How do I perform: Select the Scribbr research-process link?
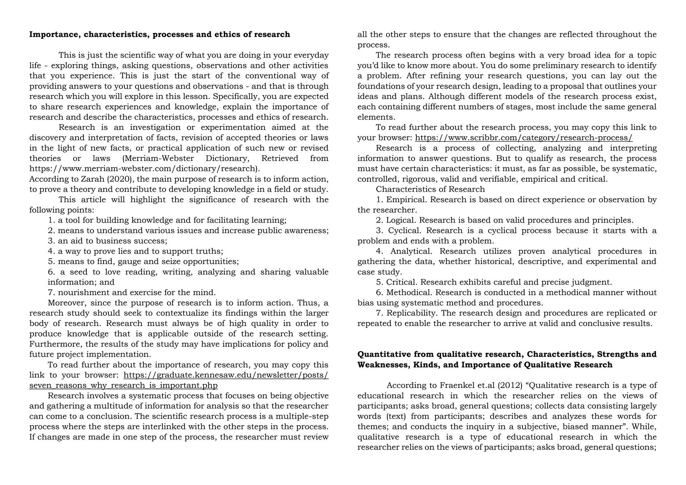tap(524, 138)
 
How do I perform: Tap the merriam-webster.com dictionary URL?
tap(144, 169)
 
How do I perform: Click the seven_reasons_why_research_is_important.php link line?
tap(123, 386)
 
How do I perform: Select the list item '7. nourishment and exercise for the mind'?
tap(132, 293)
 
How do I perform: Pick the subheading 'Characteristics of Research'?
tap(430, 189)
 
